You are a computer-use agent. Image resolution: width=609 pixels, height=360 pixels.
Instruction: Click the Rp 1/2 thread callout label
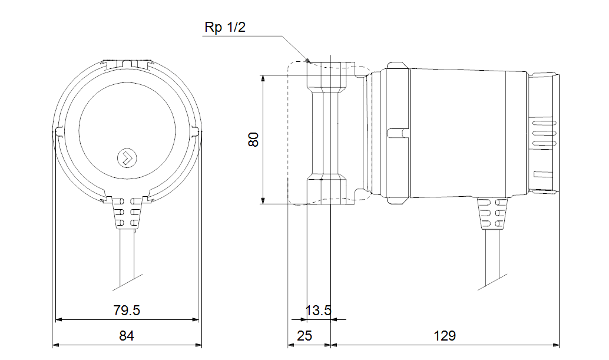coord(224,27)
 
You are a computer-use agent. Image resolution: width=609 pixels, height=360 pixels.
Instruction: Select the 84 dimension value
coord(127,336)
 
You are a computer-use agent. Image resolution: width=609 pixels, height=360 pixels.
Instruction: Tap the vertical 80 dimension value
coord(253,140)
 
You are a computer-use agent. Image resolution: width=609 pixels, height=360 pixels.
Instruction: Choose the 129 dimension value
coord(445,336)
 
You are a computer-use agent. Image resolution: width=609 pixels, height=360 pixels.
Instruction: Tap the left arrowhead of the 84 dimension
coord(56,345)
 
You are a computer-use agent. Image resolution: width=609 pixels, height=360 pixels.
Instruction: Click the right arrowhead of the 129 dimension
coord(556,345)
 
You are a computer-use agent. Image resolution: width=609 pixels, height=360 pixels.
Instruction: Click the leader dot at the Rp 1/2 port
coord(307,60)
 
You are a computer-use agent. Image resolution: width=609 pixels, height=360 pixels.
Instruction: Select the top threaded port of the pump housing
coord(327,74)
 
